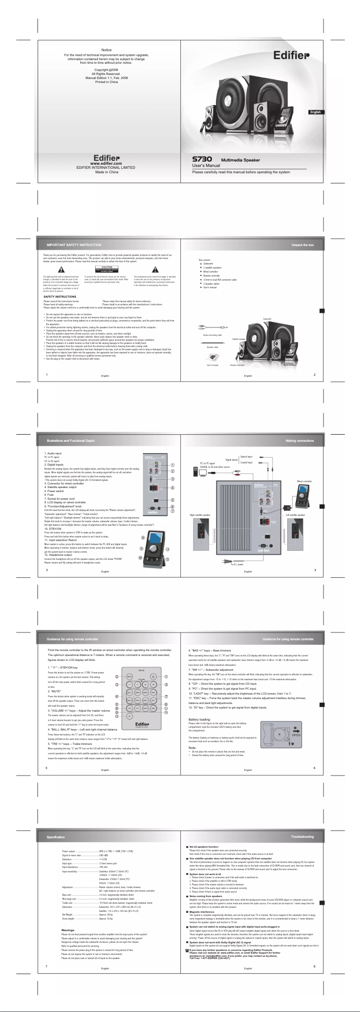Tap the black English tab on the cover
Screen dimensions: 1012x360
316,112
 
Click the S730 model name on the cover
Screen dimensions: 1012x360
202,159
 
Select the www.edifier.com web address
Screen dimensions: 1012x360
106,163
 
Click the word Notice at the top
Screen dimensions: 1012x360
106,50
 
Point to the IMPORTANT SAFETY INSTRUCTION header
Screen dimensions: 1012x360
74,245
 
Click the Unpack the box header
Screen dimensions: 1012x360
303,245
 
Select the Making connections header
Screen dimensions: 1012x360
299,440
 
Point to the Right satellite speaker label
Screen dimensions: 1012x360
200,515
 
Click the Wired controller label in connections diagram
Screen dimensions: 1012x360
304,481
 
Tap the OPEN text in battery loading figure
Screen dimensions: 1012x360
296,735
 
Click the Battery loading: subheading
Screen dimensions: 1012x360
199,720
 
